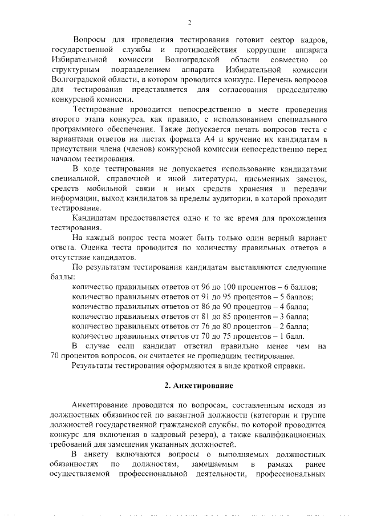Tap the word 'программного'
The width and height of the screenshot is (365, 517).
[x=75, y=130]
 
